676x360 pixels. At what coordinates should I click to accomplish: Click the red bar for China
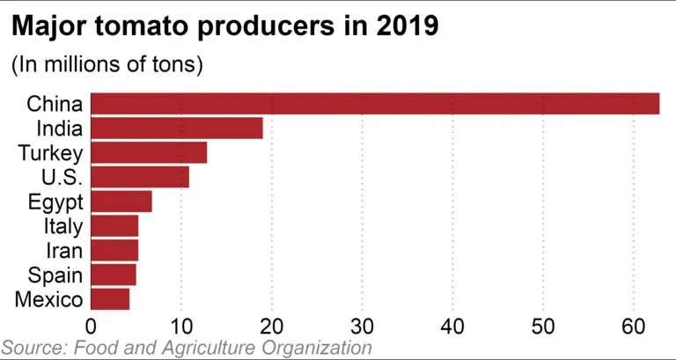pos(375,104)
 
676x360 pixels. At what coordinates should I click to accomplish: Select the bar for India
pos(177,129)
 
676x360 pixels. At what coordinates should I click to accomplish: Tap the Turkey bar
pos(149,153)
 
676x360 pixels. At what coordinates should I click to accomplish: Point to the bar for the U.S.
pos(140,177)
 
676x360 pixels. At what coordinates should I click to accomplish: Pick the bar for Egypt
pos(121,202)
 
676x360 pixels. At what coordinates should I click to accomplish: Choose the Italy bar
pos(114,226)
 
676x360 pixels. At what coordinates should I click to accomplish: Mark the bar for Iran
pos(114,251)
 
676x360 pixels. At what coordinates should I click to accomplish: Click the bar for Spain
pos(114,275)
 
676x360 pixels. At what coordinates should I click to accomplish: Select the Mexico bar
pos(110,299)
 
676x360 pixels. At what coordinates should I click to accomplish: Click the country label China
pos(55,104)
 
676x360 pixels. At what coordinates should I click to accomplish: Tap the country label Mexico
pos(49,299)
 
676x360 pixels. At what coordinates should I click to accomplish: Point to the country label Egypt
pos(55,202)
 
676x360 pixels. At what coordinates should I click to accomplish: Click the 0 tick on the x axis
pos(91,325)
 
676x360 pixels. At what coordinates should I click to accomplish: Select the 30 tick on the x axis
pos(362,325)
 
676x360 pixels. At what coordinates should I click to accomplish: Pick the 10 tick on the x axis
pos(180,325)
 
